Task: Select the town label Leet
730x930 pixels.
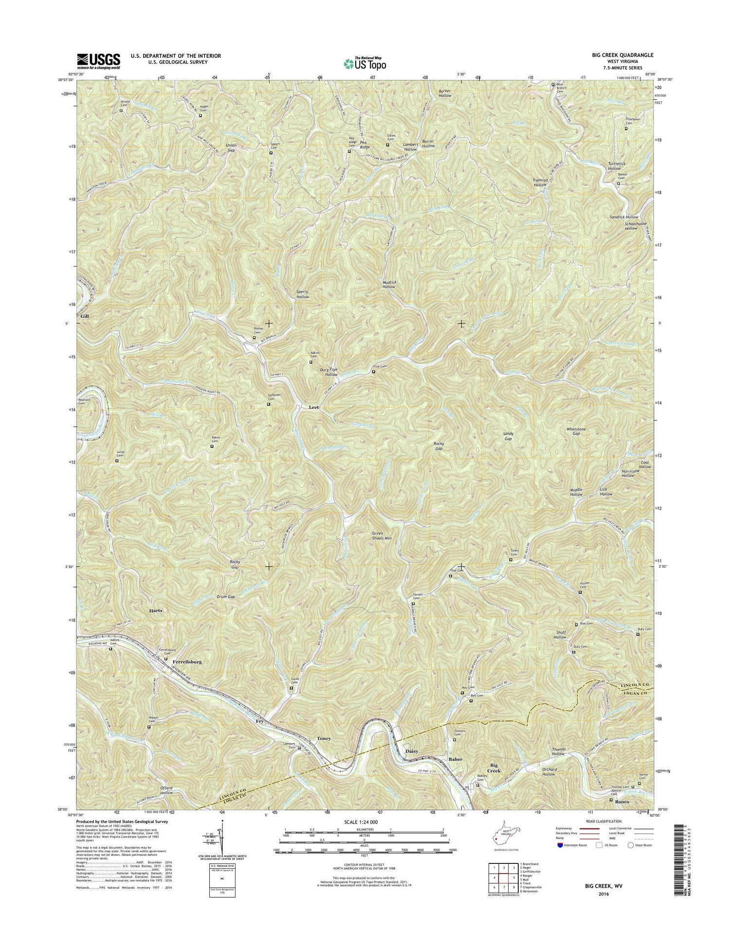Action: [313, 407]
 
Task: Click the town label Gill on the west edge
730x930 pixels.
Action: [86, 316]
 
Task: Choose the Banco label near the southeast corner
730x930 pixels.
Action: [622, 801]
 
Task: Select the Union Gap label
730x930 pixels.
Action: [231, 148]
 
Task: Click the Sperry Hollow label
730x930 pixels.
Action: [303, 294]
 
